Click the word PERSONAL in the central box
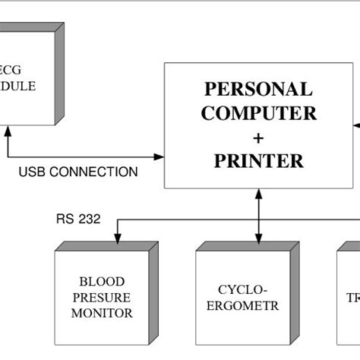click(258, 89)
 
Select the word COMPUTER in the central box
click(258, 113)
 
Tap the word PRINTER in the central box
click(258, 161)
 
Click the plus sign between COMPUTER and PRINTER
click(258, 137)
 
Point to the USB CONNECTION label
click(78, 172)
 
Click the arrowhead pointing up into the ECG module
click(8, 131)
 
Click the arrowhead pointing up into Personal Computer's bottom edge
click(259, 194)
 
